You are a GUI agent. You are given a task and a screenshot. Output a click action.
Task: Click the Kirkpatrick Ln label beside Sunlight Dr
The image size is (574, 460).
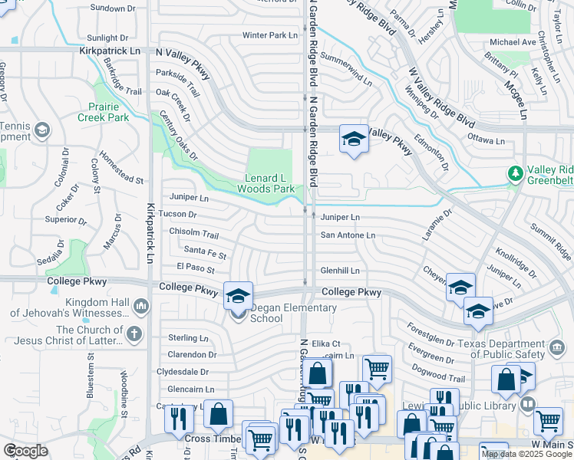tap(111, 51)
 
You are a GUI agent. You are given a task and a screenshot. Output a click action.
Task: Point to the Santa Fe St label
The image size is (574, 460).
tap(205, 251)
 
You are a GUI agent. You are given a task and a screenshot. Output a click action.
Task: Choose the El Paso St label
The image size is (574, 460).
tap(195, 268)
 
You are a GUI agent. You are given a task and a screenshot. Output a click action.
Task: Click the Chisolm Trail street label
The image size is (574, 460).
tap(194, 232)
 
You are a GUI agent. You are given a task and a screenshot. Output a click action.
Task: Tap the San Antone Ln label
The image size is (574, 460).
tap(348, 235)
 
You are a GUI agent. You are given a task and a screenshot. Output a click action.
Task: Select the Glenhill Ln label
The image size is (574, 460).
tap(340, 271)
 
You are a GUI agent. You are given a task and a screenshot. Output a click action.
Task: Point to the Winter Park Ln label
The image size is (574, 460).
tap(269, 35)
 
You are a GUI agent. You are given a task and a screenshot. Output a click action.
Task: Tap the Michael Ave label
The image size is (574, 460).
tap(513, 42)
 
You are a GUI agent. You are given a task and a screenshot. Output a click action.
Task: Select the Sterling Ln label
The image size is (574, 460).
tap(188, 338)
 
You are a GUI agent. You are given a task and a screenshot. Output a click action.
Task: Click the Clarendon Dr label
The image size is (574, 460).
tap(192, 355)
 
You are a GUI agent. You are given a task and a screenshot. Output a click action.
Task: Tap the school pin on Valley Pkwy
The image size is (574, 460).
tap(353, 139)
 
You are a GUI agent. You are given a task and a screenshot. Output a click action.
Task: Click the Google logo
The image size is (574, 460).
tap(26, 451)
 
